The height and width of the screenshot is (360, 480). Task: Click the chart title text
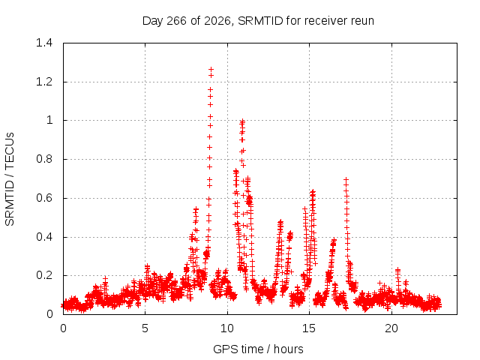[258, 21]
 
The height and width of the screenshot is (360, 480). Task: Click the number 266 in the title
[176, 21]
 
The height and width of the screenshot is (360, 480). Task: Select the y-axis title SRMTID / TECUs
[10, 179]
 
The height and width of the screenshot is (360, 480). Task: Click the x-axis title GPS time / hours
[258, 349]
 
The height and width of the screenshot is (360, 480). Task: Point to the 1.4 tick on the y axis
[44, 43]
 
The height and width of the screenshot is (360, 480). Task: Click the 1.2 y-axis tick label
[44, 82]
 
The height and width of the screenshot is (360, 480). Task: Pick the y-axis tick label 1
[49, 120]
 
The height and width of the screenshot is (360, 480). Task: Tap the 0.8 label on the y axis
[44, 159]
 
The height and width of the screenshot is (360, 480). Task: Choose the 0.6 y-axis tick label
[44, 198]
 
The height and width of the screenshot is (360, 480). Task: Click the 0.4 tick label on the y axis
[44, 237]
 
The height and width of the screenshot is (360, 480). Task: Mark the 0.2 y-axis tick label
[44, 275]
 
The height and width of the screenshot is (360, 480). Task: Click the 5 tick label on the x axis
[145, 328]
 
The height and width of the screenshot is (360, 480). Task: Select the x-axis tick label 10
[227, 328]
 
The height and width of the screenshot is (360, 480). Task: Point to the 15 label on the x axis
[309, 328]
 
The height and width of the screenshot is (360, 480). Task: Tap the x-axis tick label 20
[391, 328]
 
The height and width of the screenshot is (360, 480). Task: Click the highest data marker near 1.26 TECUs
[211, 70]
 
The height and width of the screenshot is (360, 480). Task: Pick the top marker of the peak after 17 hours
[346, 179]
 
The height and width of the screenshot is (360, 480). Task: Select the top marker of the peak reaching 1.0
[242, 121]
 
